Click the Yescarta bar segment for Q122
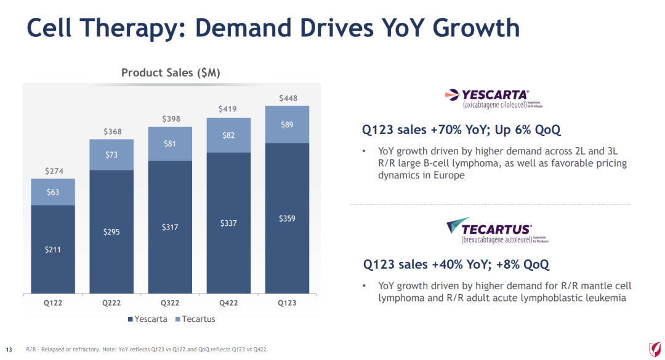point(53,249)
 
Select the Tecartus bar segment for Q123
point(287,124)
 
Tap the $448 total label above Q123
point(288,98)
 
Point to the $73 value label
point(111,154)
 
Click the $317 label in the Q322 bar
point(170,227)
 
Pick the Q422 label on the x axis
point(228,303)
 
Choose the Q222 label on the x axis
point(111,303)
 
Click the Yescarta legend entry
point(147,319)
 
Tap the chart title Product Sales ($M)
point(171,73)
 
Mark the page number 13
point(9,350)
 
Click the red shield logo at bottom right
point(654,350)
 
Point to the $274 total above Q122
point(53,170)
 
